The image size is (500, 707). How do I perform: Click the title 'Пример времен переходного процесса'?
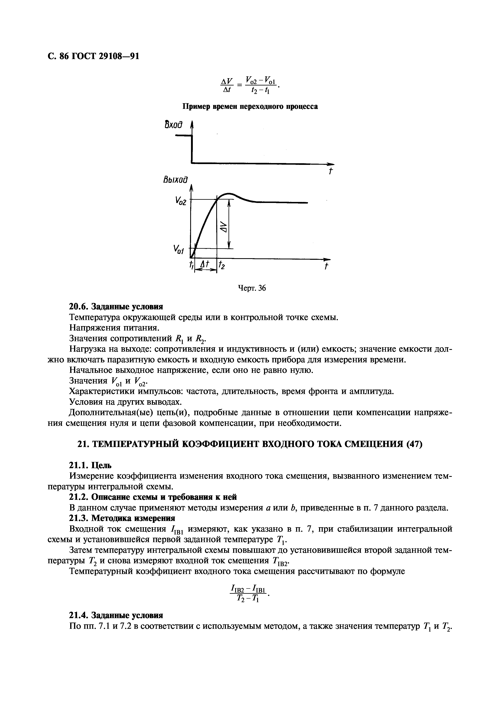(x=250, y=107)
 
